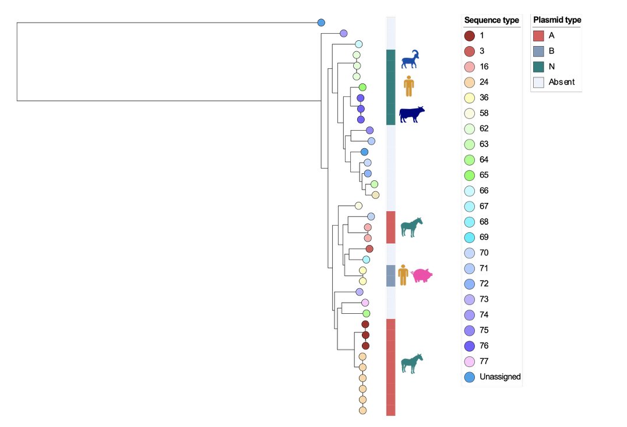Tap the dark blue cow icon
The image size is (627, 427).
tap(411, 114)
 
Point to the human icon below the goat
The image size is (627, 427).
tap(409, 86)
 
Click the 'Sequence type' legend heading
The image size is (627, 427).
tap(491, 20)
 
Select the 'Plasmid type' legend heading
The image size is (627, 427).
tap(557, 20)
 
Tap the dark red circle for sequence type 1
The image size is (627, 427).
tap(470, 36)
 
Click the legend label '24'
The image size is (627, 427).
tap(484, 82)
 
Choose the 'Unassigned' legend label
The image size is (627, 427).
tap(500, 377)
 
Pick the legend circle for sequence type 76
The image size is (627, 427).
tap(470, 346)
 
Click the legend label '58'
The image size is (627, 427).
tap(484, 113)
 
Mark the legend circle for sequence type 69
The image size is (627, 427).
tap(470, 237)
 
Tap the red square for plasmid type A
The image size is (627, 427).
tap(538, 36)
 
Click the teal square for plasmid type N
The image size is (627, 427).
tap(538, 66)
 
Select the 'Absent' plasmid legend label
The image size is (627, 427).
tap(562, 82)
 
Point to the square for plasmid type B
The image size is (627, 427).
tap(538, 51)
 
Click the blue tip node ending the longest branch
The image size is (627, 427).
tap(320, 23)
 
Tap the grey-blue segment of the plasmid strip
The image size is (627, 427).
tap(391, 275)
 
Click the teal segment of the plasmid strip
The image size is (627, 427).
tap(391, 87)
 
